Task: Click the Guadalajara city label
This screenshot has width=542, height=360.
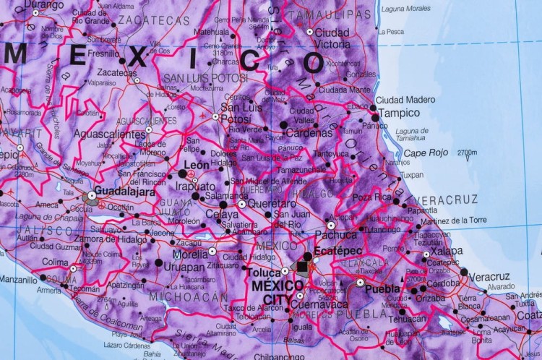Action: [x=124, y=192]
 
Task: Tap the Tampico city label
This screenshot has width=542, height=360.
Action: [x=399, y=113]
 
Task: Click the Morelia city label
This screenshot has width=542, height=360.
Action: [x=190, y=254]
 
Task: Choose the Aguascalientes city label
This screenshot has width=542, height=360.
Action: [x=109, y=134]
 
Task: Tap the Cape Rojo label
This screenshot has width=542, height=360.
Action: [x=426, y=153]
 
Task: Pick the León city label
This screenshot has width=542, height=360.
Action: [x=197, y=165]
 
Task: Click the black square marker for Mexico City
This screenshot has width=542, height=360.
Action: [x=301, y=267]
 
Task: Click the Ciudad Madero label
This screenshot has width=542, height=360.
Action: [x=405, y=100]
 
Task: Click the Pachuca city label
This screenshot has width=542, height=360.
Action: [x=336, y=234]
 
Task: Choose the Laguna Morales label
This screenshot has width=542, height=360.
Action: [x=405, y=9]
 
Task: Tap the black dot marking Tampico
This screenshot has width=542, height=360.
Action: [x=375, y=117]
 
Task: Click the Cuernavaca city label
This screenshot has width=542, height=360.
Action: [x=320, y=304]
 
